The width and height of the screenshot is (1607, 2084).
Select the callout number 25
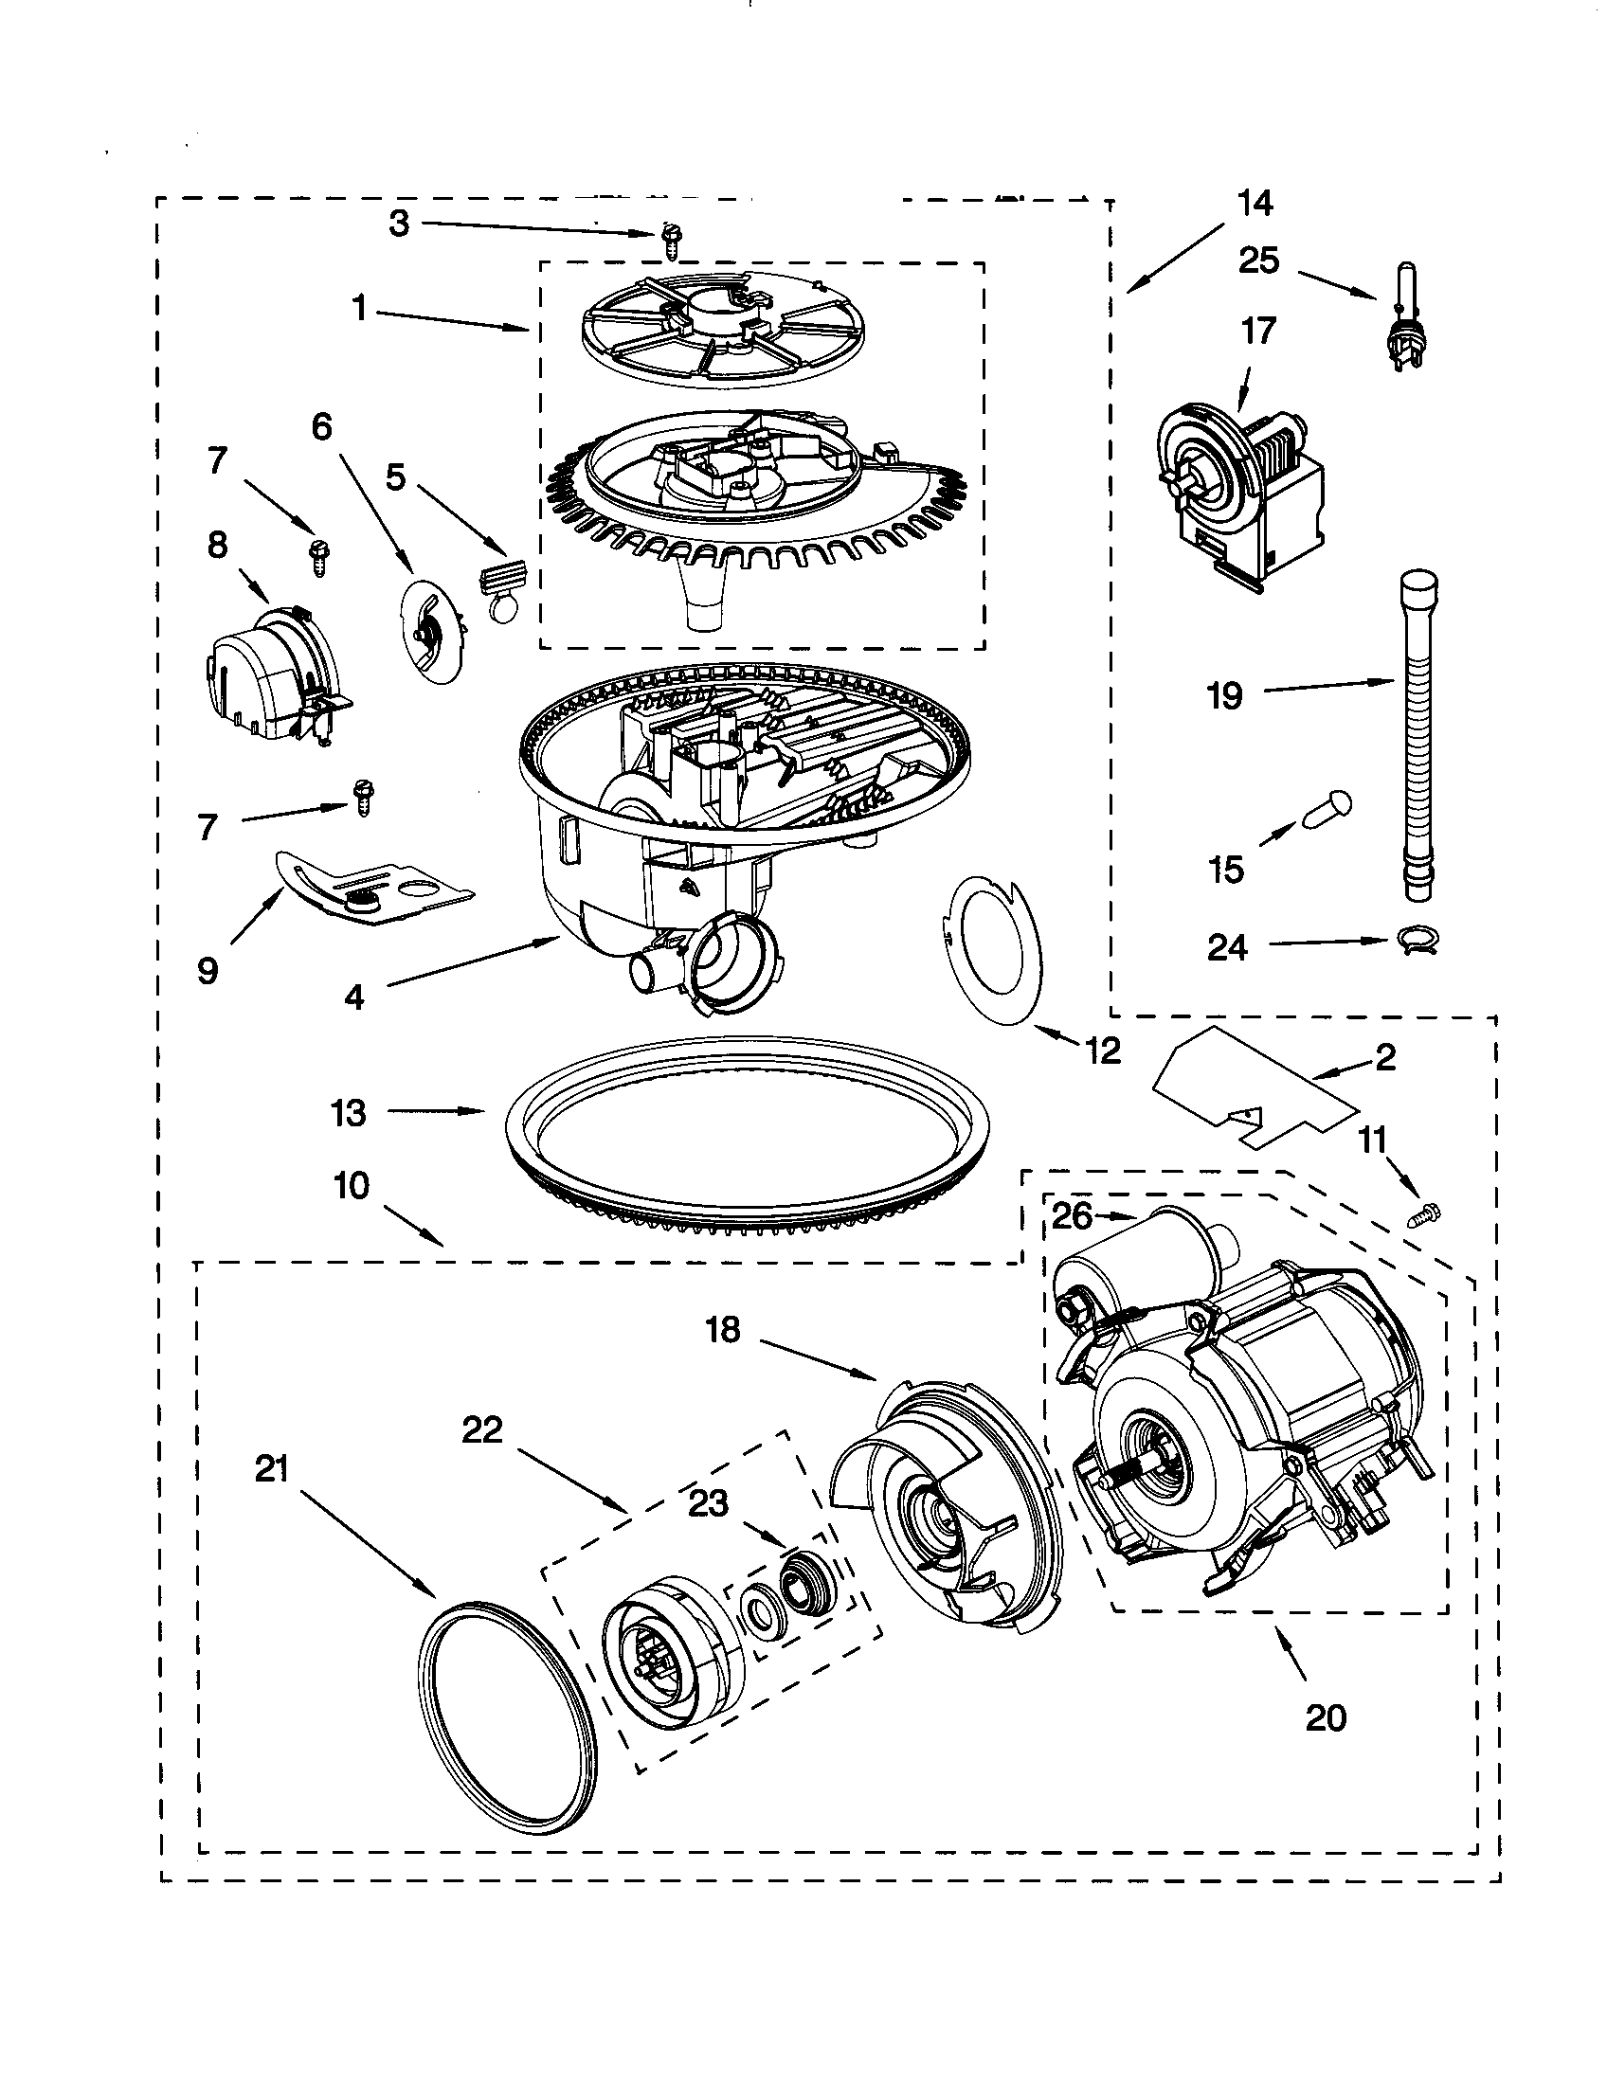click(x=1258, y=260)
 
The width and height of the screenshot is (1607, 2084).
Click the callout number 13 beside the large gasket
click(x=349, y=1113)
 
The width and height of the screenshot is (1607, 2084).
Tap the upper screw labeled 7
click(x=315, y=553)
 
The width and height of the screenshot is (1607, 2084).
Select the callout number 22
click(x=482, y=1457)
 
